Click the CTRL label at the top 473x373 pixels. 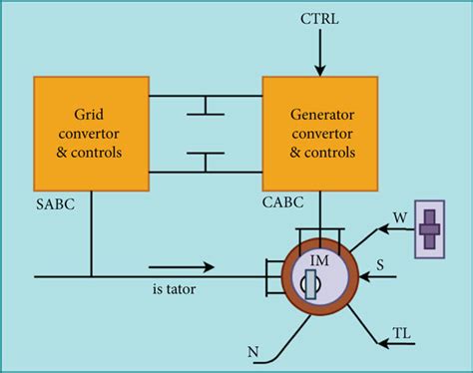click(x=319, y=19)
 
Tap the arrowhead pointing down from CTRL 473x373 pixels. click(x=320, y=71)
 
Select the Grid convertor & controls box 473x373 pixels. click(x=91, y=134)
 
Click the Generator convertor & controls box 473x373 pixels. click(x=320, y=134)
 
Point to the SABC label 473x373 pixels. click(x=55, y=203)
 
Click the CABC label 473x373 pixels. click(x=282, y=202)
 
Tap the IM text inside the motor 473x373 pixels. click(x=319, y=260)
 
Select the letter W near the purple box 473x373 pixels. click(x=400, y=217)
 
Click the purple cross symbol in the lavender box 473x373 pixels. click(x=429, y=229)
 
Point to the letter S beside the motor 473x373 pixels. click(x=380, y=265)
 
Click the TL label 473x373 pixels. click(x=402, y=333)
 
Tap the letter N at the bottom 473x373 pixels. click(x=253, y=352)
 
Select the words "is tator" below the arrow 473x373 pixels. click(x=174, y=289)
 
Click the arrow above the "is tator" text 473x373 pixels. click(x=182, y=266)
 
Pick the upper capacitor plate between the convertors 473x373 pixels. click(x=206, y=114)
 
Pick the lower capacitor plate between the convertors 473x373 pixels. click(x=206, y=154)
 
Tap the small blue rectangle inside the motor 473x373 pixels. click(x=310, y=284)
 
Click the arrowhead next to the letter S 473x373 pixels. click(x=364, y=276)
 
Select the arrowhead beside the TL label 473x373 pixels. click(x=383, y=343)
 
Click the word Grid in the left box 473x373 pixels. click(x=89, y=115)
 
